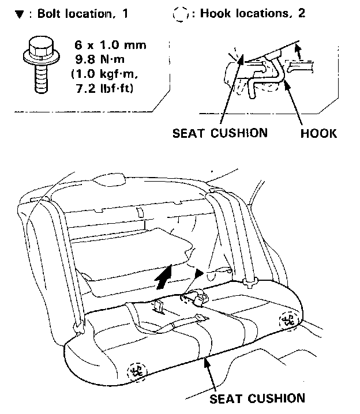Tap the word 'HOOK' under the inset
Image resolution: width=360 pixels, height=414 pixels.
pos(318,133)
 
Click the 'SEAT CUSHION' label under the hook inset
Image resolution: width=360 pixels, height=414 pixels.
pos(220,133)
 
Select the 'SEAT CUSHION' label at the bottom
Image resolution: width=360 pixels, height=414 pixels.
pos(257,397)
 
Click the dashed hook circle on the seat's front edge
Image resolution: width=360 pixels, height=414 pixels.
pos(137,371)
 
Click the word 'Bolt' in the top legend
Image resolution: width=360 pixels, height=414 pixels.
pos(45,13)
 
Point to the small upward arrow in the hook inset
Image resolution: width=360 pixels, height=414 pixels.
pos(298,52)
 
